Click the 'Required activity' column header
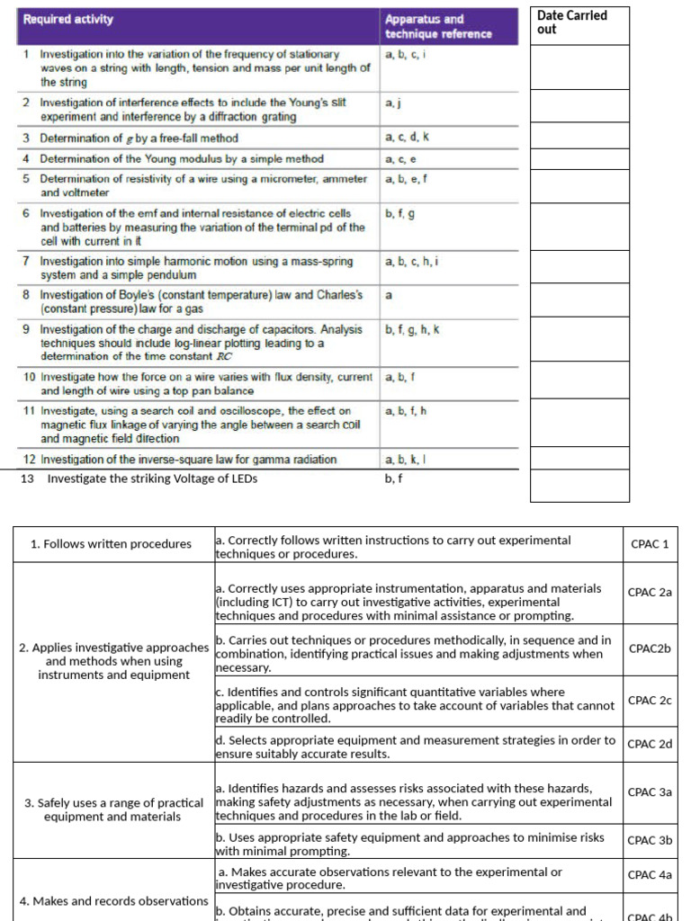[68, 19]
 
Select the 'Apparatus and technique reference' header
[438, 26]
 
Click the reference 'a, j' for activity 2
[394, 104]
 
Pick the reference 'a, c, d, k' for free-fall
[407, 138]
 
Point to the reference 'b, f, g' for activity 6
[399, 214]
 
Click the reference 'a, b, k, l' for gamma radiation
[405, 460]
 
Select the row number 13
[27, 478]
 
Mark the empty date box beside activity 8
[579, 303]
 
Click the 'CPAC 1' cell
[650, 544]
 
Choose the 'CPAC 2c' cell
[650, 700]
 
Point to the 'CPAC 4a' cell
[650, 874]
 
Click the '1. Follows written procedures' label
[111, 544]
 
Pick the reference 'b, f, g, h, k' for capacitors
[412, 330]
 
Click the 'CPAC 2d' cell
[650, 744]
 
